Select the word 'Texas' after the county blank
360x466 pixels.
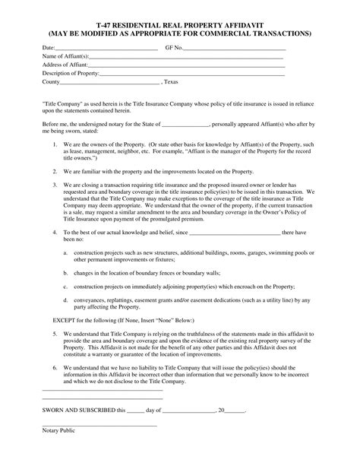pyautogui.click(x=172, y=82)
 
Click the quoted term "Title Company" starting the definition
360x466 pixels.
pyautogui.click(x=63, y=100)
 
